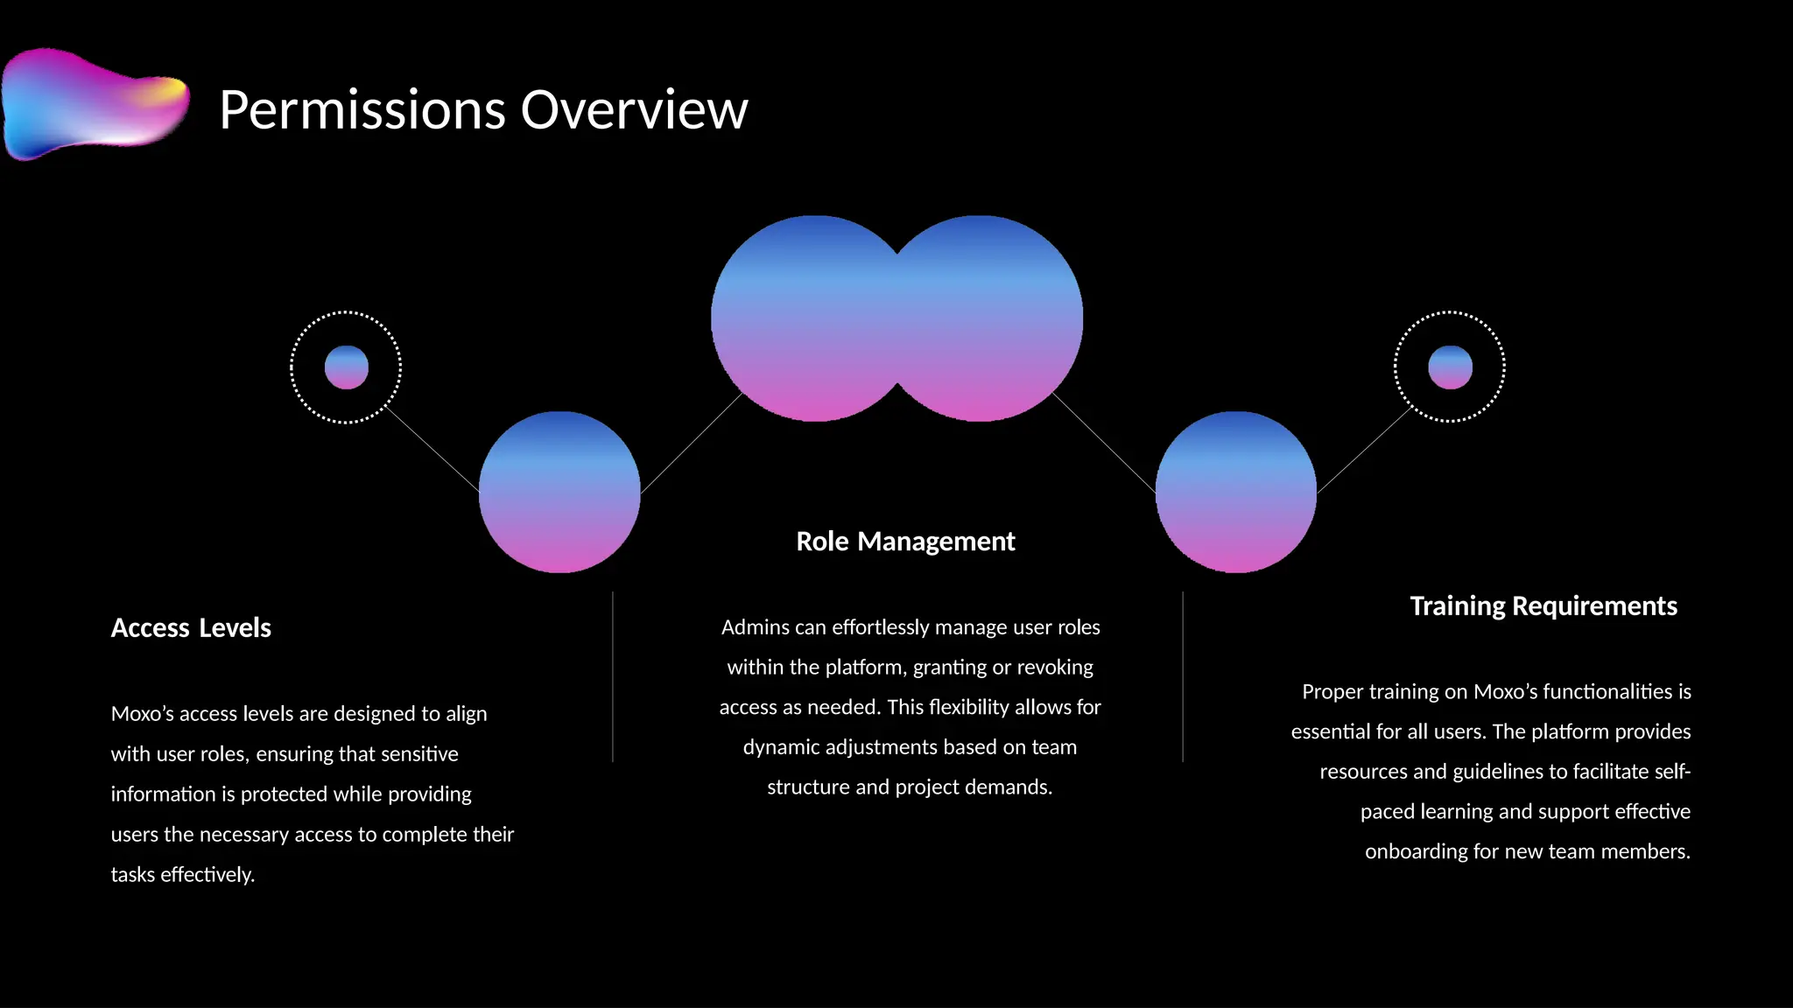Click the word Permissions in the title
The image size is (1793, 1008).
pyautogui.click(x=362, y=110)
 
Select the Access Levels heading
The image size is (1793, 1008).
pyautogui.click(x=191, y=628)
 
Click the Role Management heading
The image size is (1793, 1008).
pyautogui.click(x=905, y=542)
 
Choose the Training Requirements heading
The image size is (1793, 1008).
pyautogui.click(x=1543, y=606)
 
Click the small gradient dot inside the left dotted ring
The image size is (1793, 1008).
pyautogui.click(x=347, y=367)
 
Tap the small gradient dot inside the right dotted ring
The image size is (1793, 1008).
pyautogui.click(x=1450, y=367)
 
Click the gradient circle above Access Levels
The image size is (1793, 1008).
pyautogui.click(x=559, y=492)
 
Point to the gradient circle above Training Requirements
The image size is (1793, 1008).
pyautogui.click(x=1235, y=492)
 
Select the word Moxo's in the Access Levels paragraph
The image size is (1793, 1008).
pyautogui.click(x=143, y=714)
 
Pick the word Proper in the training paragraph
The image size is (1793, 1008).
pyautogui.click(x=1332, y=692)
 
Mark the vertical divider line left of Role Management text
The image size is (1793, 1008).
pyautogui.click(x=613, y=676)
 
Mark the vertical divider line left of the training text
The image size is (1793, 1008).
pyautogui.click(x=1183, y=676)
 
